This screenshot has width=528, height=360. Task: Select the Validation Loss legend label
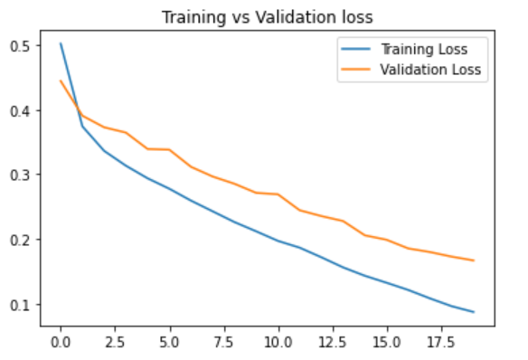tap(429, 69)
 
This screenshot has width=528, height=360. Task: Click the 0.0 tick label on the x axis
tap(61, 344)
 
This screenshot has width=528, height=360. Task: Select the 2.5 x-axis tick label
tap(115, 344)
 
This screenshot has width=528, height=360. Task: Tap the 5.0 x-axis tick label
tap(169, 344)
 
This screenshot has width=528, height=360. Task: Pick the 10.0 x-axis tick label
tap(278, 344)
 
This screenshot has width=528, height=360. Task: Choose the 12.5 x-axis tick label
tap(332, 344)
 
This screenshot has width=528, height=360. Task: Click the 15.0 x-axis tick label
tap(386, 344)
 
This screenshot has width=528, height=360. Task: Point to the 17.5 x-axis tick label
tap(440, 344)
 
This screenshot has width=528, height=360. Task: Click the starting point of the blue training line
tap(61, 43)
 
